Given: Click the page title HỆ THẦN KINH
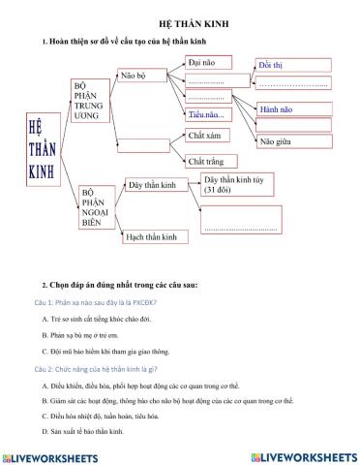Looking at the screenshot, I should point(179,21).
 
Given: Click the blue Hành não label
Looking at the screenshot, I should point(277,108).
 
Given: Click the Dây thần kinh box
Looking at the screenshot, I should point(157,184).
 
